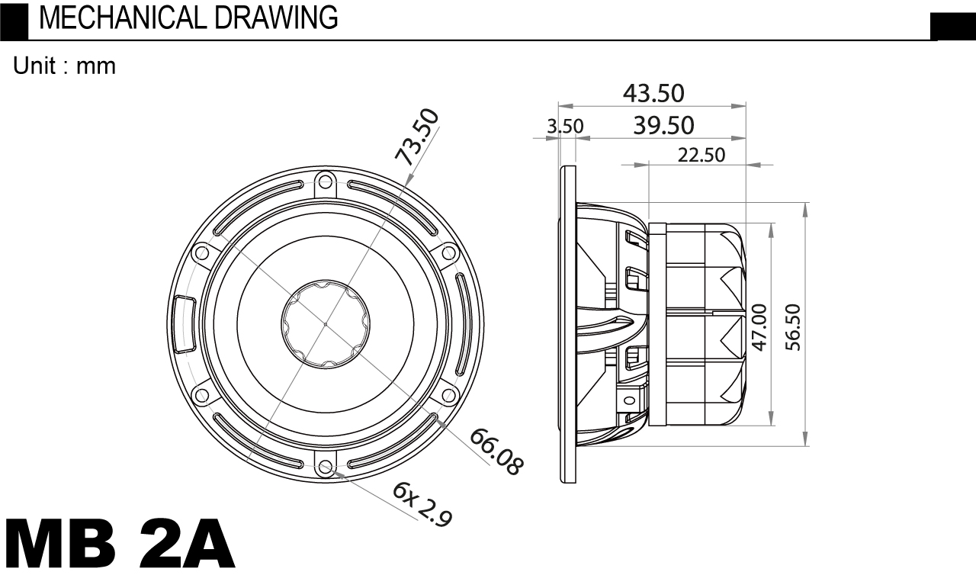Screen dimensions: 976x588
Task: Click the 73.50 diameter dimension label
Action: pos(416,137)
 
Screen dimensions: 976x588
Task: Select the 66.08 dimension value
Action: pos(496,451)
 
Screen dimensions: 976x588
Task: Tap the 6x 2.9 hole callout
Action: pos(422,504)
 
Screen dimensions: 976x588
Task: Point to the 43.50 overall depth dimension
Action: pos(653,93)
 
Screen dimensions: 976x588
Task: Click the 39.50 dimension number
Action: pos(663,126)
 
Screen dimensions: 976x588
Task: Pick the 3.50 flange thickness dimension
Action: pos(565,127)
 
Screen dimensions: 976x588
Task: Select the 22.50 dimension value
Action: pos(701,155)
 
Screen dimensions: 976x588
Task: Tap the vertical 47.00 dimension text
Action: pos(760,327)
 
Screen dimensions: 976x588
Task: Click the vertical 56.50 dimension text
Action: pos(793,327)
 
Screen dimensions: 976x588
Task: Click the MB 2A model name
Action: pos(120,544)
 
